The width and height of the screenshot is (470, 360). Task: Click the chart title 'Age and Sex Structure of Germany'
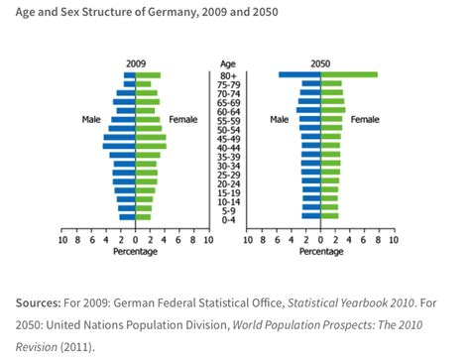[139, 11]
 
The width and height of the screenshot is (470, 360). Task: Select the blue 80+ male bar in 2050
[299, 74]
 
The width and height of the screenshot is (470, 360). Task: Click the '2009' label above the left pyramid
[135, 61]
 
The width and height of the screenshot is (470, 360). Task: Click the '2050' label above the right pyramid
[319, 61]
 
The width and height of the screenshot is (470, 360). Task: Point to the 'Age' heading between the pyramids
[227, 61]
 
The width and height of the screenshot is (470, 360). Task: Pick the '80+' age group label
[227, 75]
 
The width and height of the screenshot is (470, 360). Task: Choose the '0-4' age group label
[227, 218]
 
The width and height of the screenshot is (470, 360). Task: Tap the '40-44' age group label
[227, 147]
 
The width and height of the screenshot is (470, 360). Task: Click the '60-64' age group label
[227, 111]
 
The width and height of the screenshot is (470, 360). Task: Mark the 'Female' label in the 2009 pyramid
[183, 120]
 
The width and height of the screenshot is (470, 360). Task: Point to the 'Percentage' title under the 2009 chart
[135, 250]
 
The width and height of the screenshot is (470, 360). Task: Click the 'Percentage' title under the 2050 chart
[319, 250]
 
